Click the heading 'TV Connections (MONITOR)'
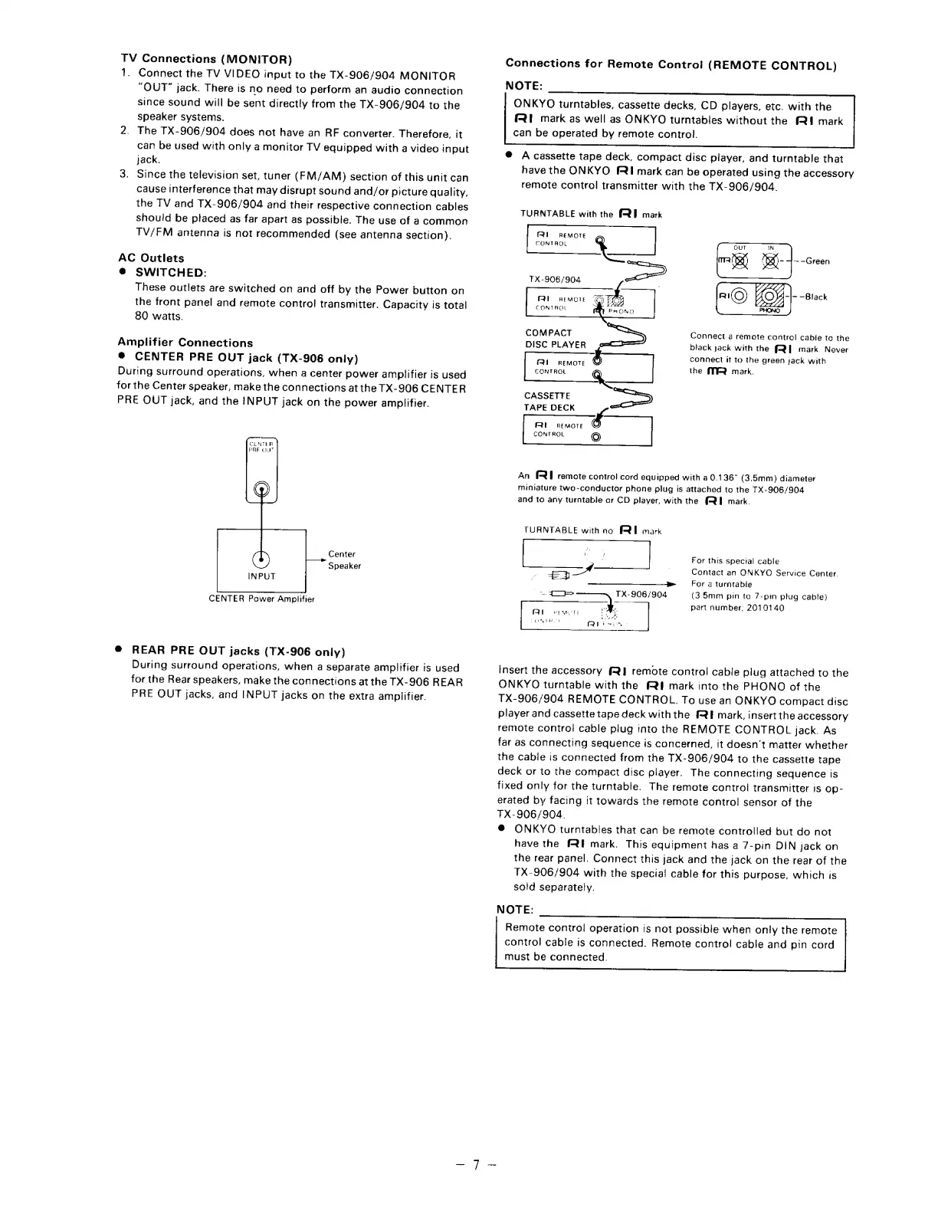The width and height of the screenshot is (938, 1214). pos(207,59)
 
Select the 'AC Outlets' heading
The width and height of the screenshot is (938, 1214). pos(151,258)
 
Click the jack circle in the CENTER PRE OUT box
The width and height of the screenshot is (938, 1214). pos(261,490)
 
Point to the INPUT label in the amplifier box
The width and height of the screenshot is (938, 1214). pos(261,576)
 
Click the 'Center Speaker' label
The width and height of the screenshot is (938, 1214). pos(344,559)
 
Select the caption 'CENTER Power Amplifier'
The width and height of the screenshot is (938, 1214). pos(261,599)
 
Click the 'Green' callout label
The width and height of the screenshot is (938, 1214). pos(816,261)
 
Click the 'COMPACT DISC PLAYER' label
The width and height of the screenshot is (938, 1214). pos(555,339)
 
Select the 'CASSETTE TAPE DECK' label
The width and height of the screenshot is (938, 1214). pos(549,402)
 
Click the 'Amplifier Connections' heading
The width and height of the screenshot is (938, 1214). pos(185,343)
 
